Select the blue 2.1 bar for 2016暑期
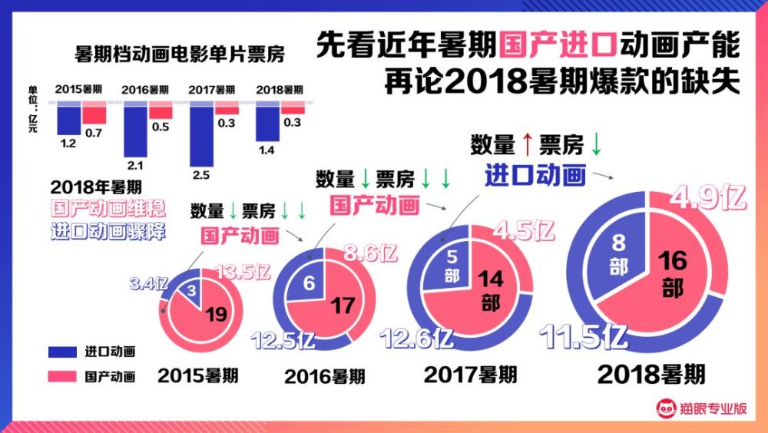coord(134,129)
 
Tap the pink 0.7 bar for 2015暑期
coord(94,114)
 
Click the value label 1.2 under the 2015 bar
coord(68,142)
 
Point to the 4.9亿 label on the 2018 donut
coord(708,197)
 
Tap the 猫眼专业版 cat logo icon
coord(665,408)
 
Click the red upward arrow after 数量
coord(527,144)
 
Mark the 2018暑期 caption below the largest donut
coord(650,375)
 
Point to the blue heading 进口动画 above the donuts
coord(535,175)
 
